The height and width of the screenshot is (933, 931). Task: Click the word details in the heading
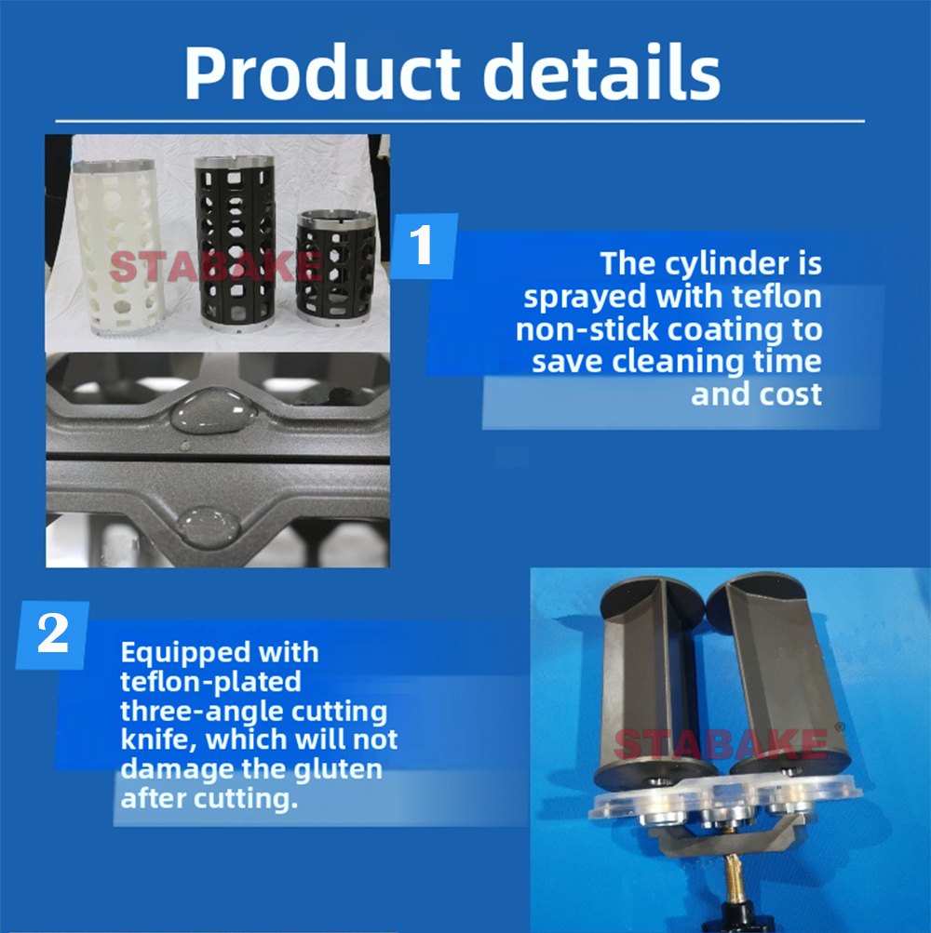click(601, 72)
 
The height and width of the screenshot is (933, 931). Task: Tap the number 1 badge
click(425, 246)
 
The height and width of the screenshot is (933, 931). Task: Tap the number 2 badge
click(52, 635)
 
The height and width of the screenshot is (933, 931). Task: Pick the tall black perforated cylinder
click(236, 244)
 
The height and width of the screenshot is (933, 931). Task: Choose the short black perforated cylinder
click(336, 268)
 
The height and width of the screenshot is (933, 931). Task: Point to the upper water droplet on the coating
click(213, 409)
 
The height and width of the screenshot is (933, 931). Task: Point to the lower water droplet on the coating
click(209, 526)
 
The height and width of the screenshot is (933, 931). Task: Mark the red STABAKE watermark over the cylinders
click(216, 266)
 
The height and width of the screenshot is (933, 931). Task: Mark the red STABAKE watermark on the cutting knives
click(722, 743)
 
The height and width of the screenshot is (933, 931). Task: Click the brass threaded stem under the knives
click(733, 874)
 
